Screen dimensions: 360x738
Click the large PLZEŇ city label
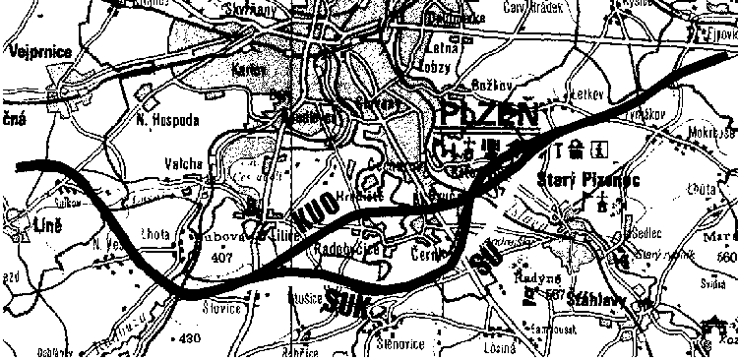click(x=489, y=113)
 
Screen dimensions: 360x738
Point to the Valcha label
click(x=183, y=163)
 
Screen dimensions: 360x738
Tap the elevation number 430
click(x=191, y=338)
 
